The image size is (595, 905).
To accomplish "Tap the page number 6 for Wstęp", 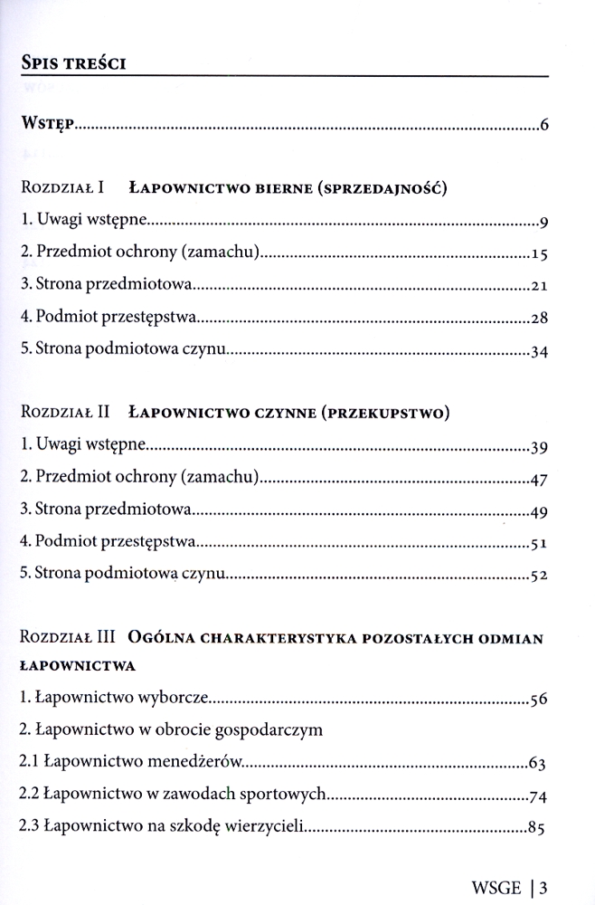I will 544,126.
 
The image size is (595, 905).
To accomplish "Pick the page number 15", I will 540,254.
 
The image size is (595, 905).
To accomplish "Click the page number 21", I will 540,287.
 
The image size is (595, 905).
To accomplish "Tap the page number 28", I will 540,319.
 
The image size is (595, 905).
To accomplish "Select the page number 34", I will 540,352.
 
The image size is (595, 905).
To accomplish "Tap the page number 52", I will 540,576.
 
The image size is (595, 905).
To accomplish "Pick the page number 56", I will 540,700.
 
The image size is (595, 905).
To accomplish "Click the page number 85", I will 540,828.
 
